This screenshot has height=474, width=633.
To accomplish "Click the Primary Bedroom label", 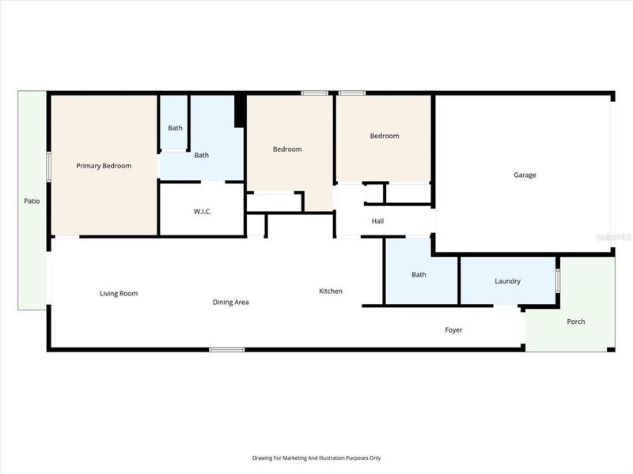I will point(104,166).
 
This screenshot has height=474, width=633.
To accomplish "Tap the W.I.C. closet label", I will point(203,212).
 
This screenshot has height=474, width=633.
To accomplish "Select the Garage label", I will point(525,175).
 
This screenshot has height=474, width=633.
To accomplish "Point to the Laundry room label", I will point(507,281).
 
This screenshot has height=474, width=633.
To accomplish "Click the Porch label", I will point(576,322).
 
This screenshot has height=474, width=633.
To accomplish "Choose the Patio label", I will point(32,201).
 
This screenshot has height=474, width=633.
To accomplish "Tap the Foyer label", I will point(453,330).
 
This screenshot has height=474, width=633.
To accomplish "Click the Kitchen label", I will point(331,292).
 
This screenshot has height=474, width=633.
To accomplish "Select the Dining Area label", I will point(231,302).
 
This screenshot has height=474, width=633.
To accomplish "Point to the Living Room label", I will point(119,294).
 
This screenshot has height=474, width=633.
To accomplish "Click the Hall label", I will point(377,221).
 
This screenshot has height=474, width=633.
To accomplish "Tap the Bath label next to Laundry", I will point(419,275).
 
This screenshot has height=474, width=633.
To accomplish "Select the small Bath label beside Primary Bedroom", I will point(175,128).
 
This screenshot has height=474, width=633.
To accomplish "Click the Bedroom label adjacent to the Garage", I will point(385,136).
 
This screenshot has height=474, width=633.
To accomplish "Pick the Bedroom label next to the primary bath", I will point(287,149).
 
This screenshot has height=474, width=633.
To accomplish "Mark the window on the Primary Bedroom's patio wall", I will point(48,167).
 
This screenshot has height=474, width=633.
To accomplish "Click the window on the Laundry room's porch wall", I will point(557,280).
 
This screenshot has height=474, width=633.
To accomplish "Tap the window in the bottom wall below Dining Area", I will point(227,349).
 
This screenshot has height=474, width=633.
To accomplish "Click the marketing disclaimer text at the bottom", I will point(316,458).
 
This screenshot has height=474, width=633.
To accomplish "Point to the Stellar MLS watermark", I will point(617,236).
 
